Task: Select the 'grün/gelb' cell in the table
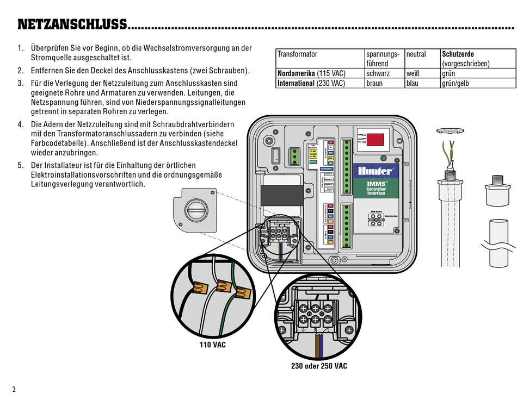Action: [456, 84]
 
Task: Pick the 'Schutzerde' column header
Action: [458, 54]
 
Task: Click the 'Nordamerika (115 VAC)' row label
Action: [311, 73]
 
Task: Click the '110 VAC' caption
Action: [212, 345]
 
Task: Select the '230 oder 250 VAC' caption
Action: [319, 366]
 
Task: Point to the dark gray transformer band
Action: [281, 195]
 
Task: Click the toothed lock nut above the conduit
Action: [448, 130]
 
